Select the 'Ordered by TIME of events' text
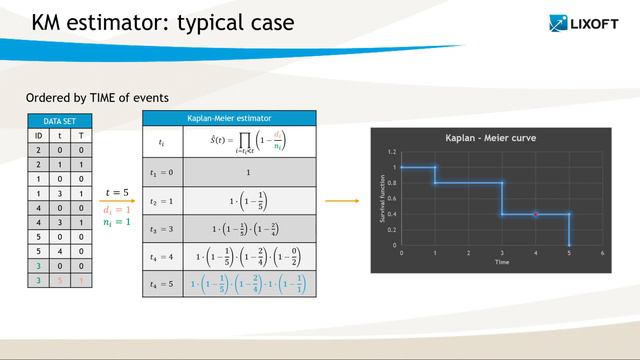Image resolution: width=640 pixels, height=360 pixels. point(97,97)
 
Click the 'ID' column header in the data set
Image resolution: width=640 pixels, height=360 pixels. point(39,134)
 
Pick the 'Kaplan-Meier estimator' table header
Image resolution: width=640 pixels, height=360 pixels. point(229,119)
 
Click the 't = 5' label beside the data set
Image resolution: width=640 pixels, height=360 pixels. point(117,192)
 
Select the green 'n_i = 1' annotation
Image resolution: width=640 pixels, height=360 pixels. point(117,224)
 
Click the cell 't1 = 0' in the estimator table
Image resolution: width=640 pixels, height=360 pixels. point(161,172)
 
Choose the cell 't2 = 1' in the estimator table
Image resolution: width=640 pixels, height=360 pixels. point(161,200)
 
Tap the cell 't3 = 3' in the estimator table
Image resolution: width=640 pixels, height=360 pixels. point(161,229)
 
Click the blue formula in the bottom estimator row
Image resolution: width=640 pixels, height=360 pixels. point(249,284)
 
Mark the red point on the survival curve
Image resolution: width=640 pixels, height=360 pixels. point(536,214)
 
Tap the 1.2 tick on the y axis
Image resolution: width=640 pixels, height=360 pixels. point(392,152)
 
